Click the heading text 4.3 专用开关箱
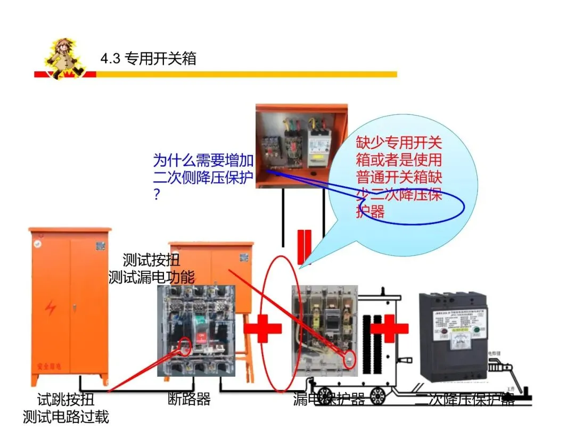pos(148,58)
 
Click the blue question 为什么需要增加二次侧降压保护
pos(203,169)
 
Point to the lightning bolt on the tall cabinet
pos(51,308)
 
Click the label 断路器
pos(190,399)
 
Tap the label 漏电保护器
pos(328,399)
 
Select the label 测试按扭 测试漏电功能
pos(152,269)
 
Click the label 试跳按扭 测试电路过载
pos(66,408)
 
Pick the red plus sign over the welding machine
pos(389,329)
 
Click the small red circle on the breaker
pos(185,345)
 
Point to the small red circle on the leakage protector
pos(350,360)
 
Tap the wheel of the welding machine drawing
pos(379,394)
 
